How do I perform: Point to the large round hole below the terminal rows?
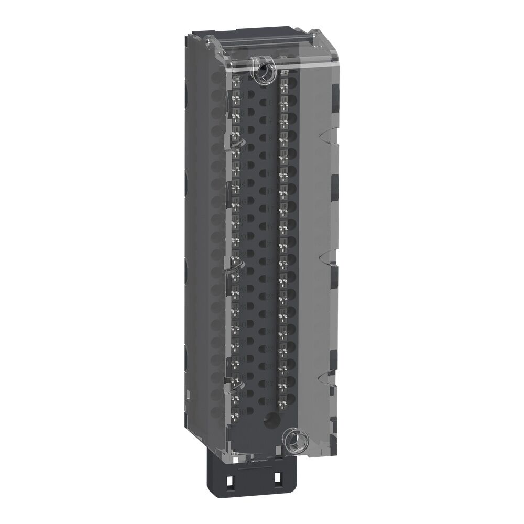[x=270, y=419]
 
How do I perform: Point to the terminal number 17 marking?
[x=271, y=209]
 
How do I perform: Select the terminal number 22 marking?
[x=242, y=254]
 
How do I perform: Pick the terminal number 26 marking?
[x=242, y=289]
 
